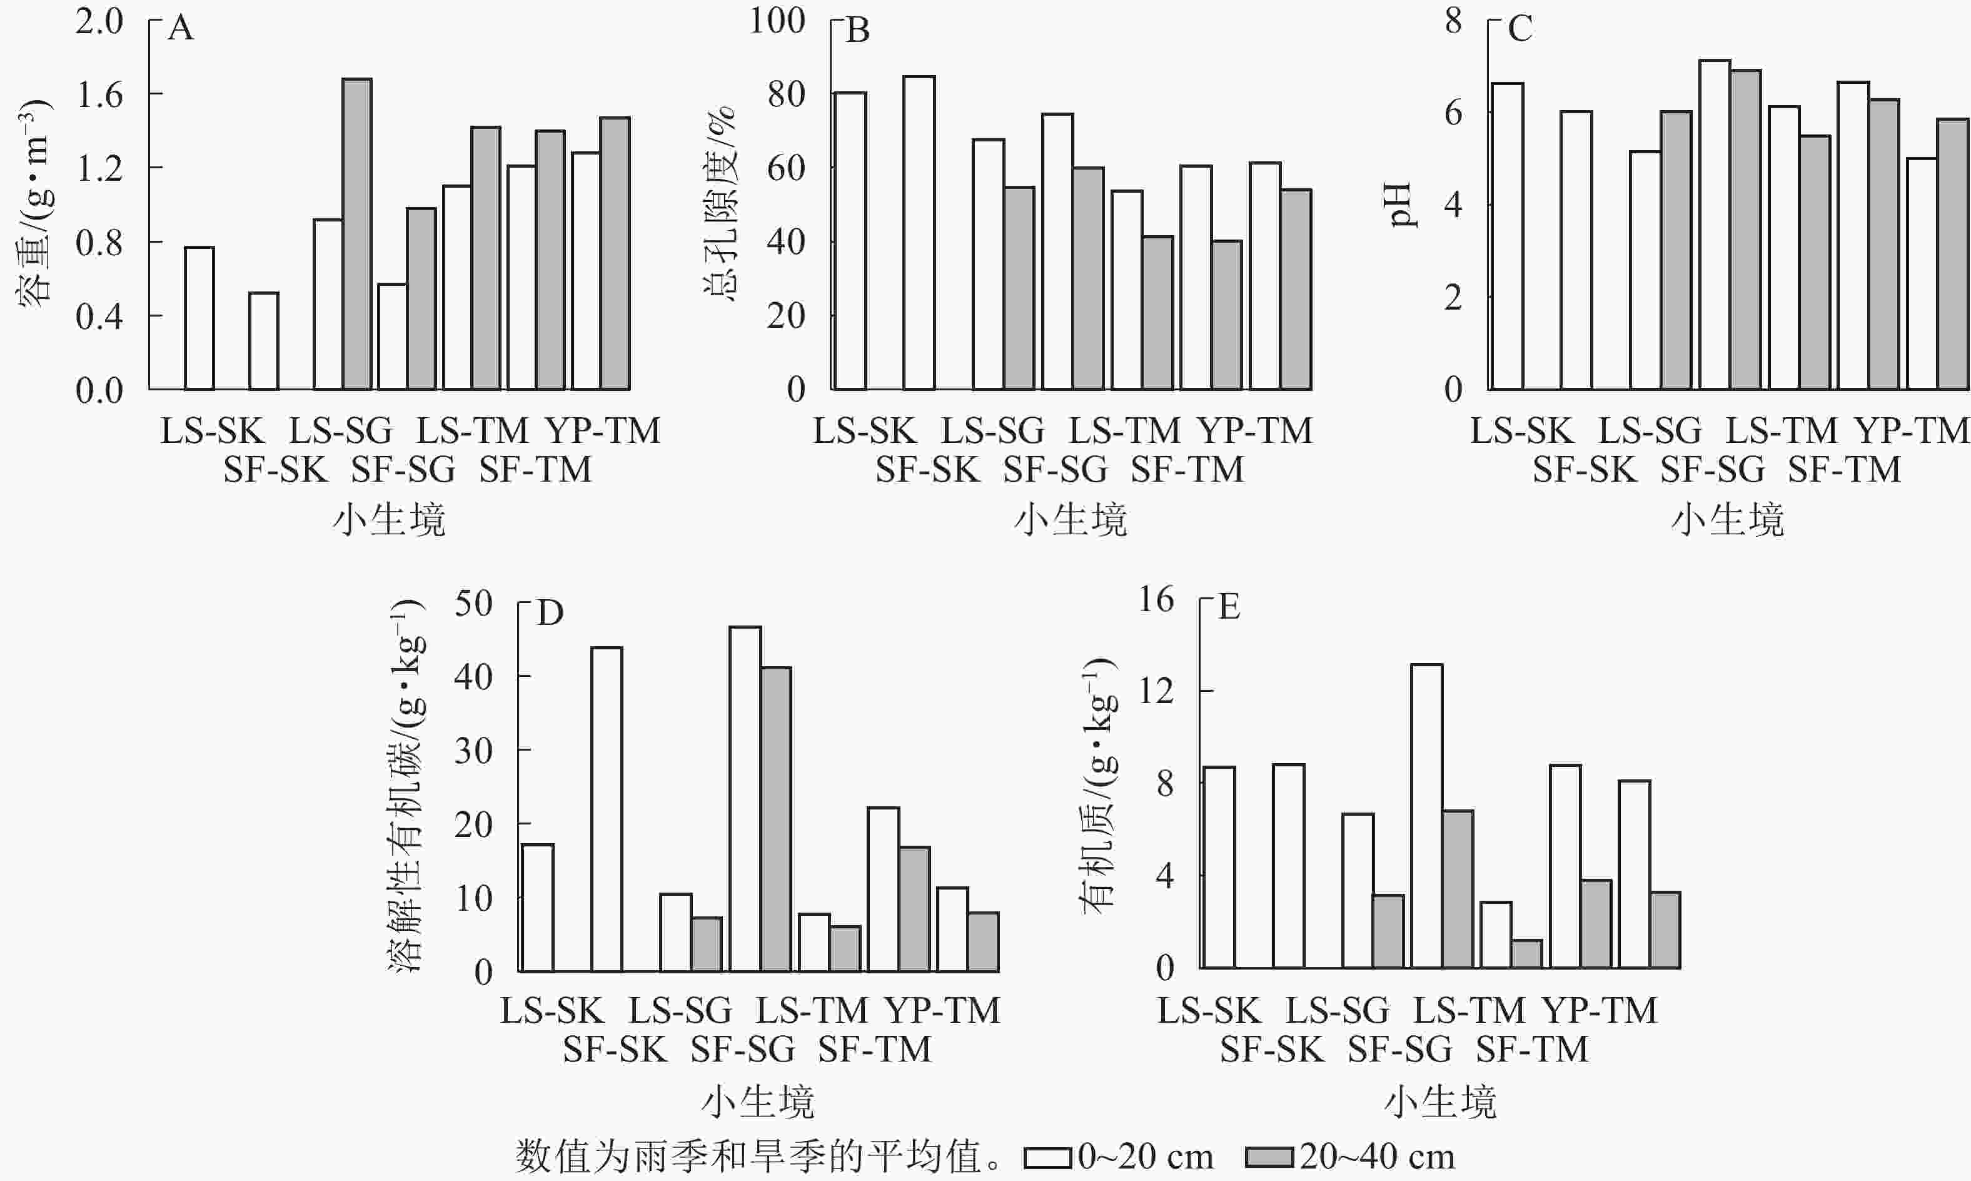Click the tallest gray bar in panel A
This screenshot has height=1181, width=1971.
[x=357, y=234]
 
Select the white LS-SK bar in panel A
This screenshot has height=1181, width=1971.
[x=199, y=318]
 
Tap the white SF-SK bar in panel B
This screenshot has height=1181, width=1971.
[x=919, y=232]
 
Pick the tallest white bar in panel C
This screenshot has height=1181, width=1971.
[x=1715, y=225]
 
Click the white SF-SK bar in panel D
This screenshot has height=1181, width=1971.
[x=607, y=809]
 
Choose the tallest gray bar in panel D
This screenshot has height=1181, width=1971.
[x=776, y=819]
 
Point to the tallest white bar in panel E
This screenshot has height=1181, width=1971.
[x=1427, y=816]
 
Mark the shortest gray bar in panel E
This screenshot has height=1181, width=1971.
[x=1527, y=954]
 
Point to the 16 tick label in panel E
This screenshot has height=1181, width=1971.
[x=1156, y=599]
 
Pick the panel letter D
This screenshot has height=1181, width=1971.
[x=550, y=613]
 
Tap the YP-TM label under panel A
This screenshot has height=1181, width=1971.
[x=603, y=430]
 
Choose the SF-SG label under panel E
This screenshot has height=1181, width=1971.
[x=1400, y=1050]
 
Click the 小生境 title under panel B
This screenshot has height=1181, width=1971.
[x=1071, y=520]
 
